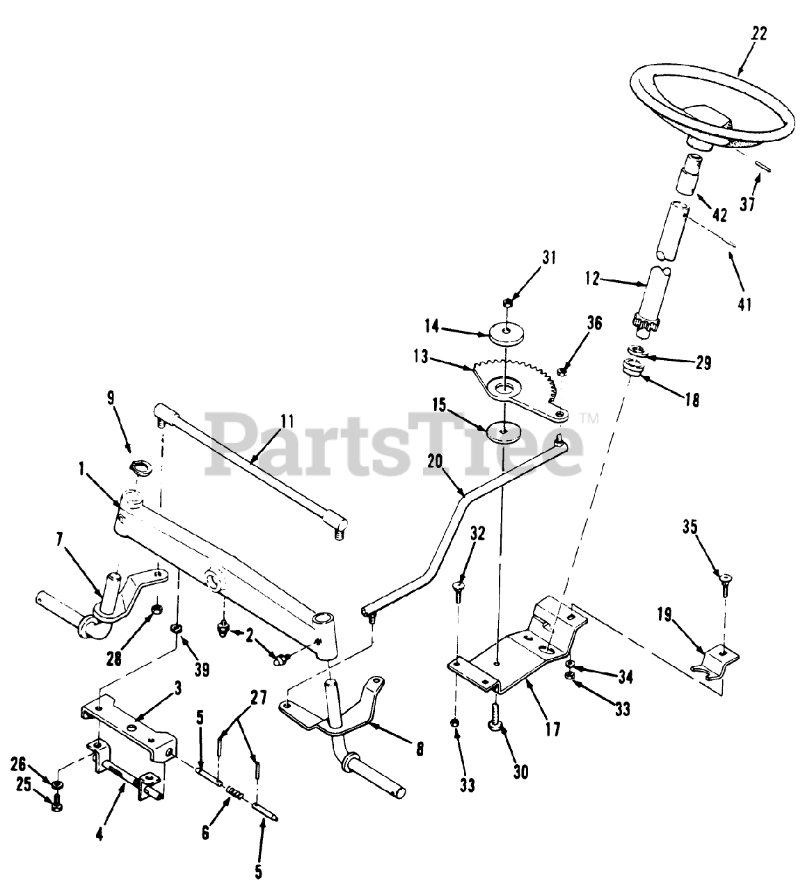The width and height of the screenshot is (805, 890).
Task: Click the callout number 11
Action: (x=287, y=421)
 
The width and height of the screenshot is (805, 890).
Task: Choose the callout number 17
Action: (x=552, y=729)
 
